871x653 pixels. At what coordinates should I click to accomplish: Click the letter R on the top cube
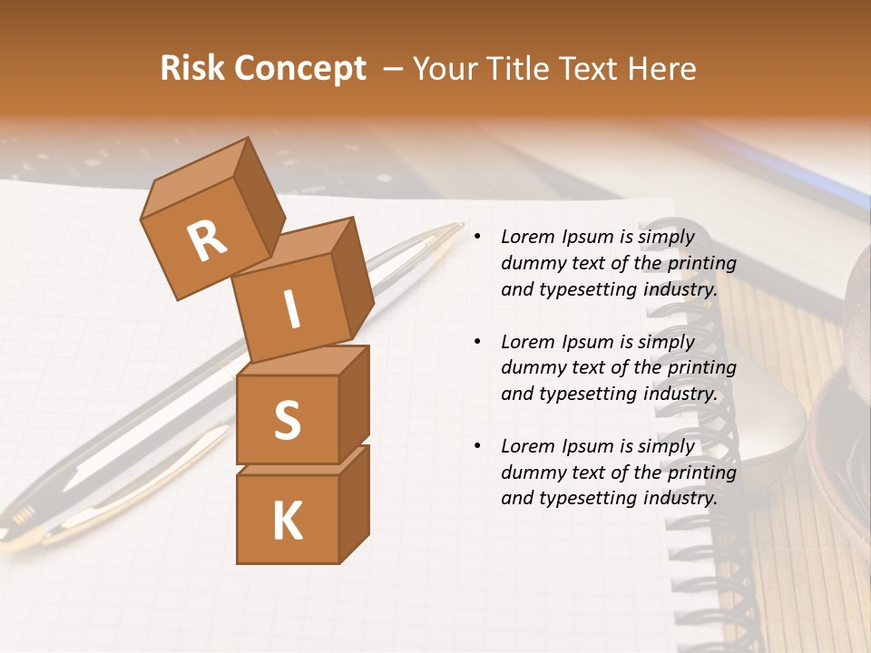coord(207,242)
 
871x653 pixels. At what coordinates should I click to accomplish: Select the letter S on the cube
coord(287,420)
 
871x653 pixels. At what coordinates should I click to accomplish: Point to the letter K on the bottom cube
coord(287,521)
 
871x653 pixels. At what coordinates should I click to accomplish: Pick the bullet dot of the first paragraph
coord(477,237)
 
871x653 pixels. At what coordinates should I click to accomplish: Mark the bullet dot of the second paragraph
coord(477,342)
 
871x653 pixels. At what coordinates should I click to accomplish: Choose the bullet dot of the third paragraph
coord(477,446)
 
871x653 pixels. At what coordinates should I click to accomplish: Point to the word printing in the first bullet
coord(701,263)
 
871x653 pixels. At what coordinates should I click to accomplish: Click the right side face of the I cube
coord(352,277)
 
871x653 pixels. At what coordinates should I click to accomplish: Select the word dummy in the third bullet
coord(532,473)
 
